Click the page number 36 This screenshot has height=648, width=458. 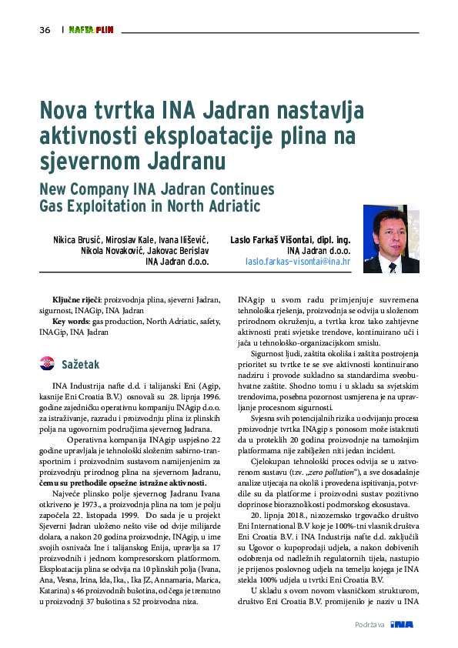click(x=44, y=30)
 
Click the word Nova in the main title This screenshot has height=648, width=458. click(x=65, y=110)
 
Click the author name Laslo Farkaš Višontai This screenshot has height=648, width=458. click(x=275, y=239)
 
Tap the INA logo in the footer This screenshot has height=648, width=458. click(x=402, y=623)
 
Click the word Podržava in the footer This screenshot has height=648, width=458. click(x=369, y=624)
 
